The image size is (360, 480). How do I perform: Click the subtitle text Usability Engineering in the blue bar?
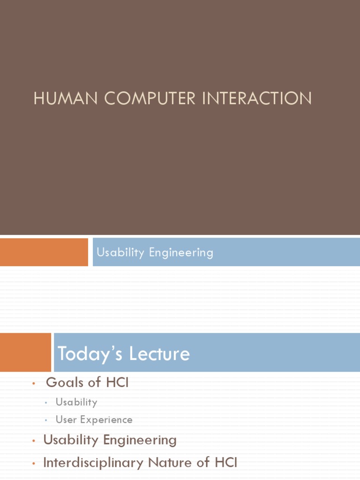[155, 253]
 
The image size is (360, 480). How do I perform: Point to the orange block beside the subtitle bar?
[44, 252]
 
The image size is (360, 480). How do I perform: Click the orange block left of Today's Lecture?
[25, 352]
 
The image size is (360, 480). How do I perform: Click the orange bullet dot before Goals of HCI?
[34, 384]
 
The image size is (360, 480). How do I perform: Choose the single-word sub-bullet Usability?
[76, 402]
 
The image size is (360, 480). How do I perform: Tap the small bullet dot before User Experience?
[46, 420]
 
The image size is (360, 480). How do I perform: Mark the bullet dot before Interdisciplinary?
[34, 464]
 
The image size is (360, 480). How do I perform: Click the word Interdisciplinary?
[93, 463]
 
